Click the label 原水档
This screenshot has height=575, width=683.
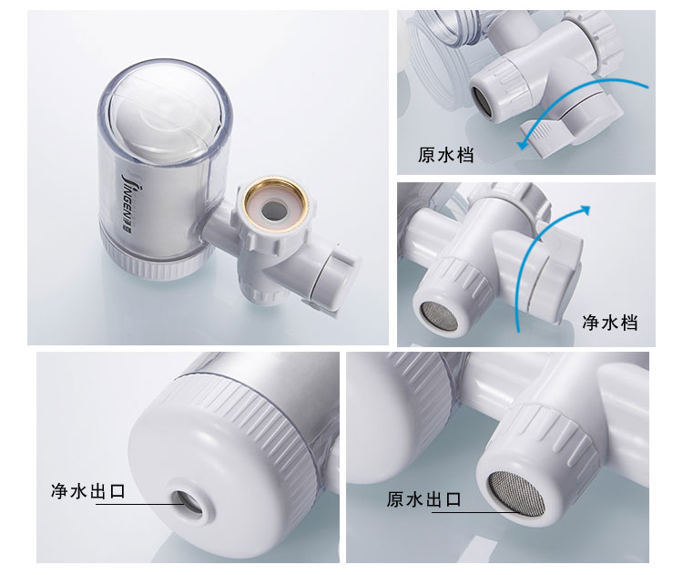coord(445,155)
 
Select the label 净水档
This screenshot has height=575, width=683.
coord(610,323)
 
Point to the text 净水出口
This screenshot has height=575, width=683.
coord(88,491)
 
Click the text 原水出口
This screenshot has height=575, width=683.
coord(423,499)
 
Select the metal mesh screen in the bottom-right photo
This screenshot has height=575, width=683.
coord(516,494)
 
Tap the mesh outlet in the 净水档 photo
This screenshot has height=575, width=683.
coord(438,316)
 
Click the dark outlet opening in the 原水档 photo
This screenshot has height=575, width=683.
coord(482,101)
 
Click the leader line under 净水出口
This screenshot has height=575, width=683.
coord(141,504)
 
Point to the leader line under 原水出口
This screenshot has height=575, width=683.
coord(476,512)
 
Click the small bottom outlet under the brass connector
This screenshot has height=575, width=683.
coord(262,294)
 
